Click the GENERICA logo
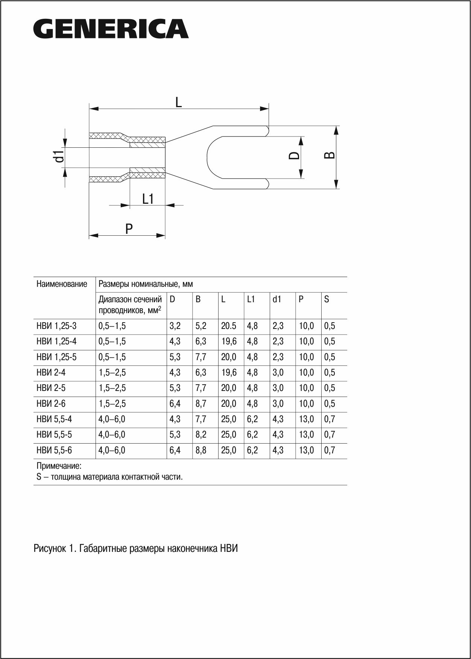(111, 29)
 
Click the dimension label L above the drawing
(179, 102)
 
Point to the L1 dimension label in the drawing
(148, 199)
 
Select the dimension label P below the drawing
(129, 229)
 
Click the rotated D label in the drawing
(294, 155)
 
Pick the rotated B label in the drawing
(330, 155)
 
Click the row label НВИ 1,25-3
(56, 326)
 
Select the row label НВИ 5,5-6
(54, 450)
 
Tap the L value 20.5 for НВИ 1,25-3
(229, 326)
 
